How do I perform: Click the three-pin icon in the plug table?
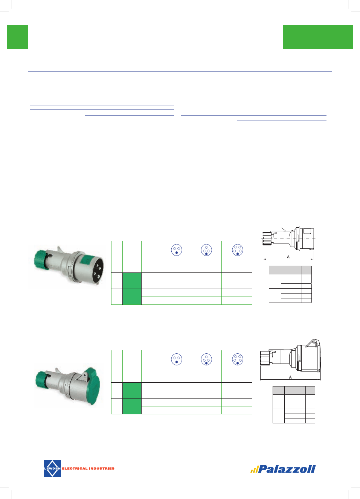coord(177,250)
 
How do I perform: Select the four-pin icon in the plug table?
coord(206,250)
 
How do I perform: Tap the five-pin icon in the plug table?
coord(238,250)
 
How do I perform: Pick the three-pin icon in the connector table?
coord(177,359)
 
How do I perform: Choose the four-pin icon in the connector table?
coord(206,359)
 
